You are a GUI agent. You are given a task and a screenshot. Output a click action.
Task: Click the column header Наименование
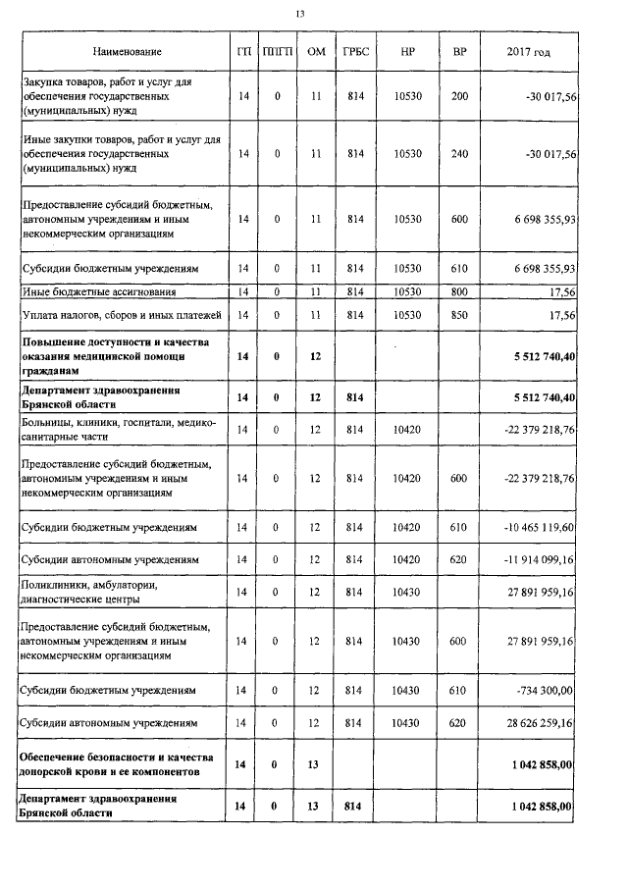click(128, 51)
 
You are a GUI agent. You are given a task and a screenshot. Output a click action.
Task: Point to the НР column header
click(406, 51)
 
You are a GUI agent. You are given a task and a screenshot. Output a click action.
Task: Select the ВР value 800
click(459, 291)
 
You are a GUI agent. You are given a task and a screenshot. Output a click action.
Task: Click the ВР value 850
click(459, 314)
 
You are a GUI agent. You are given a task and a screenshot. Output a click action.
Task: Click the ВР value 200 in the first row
click(459, 97)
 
